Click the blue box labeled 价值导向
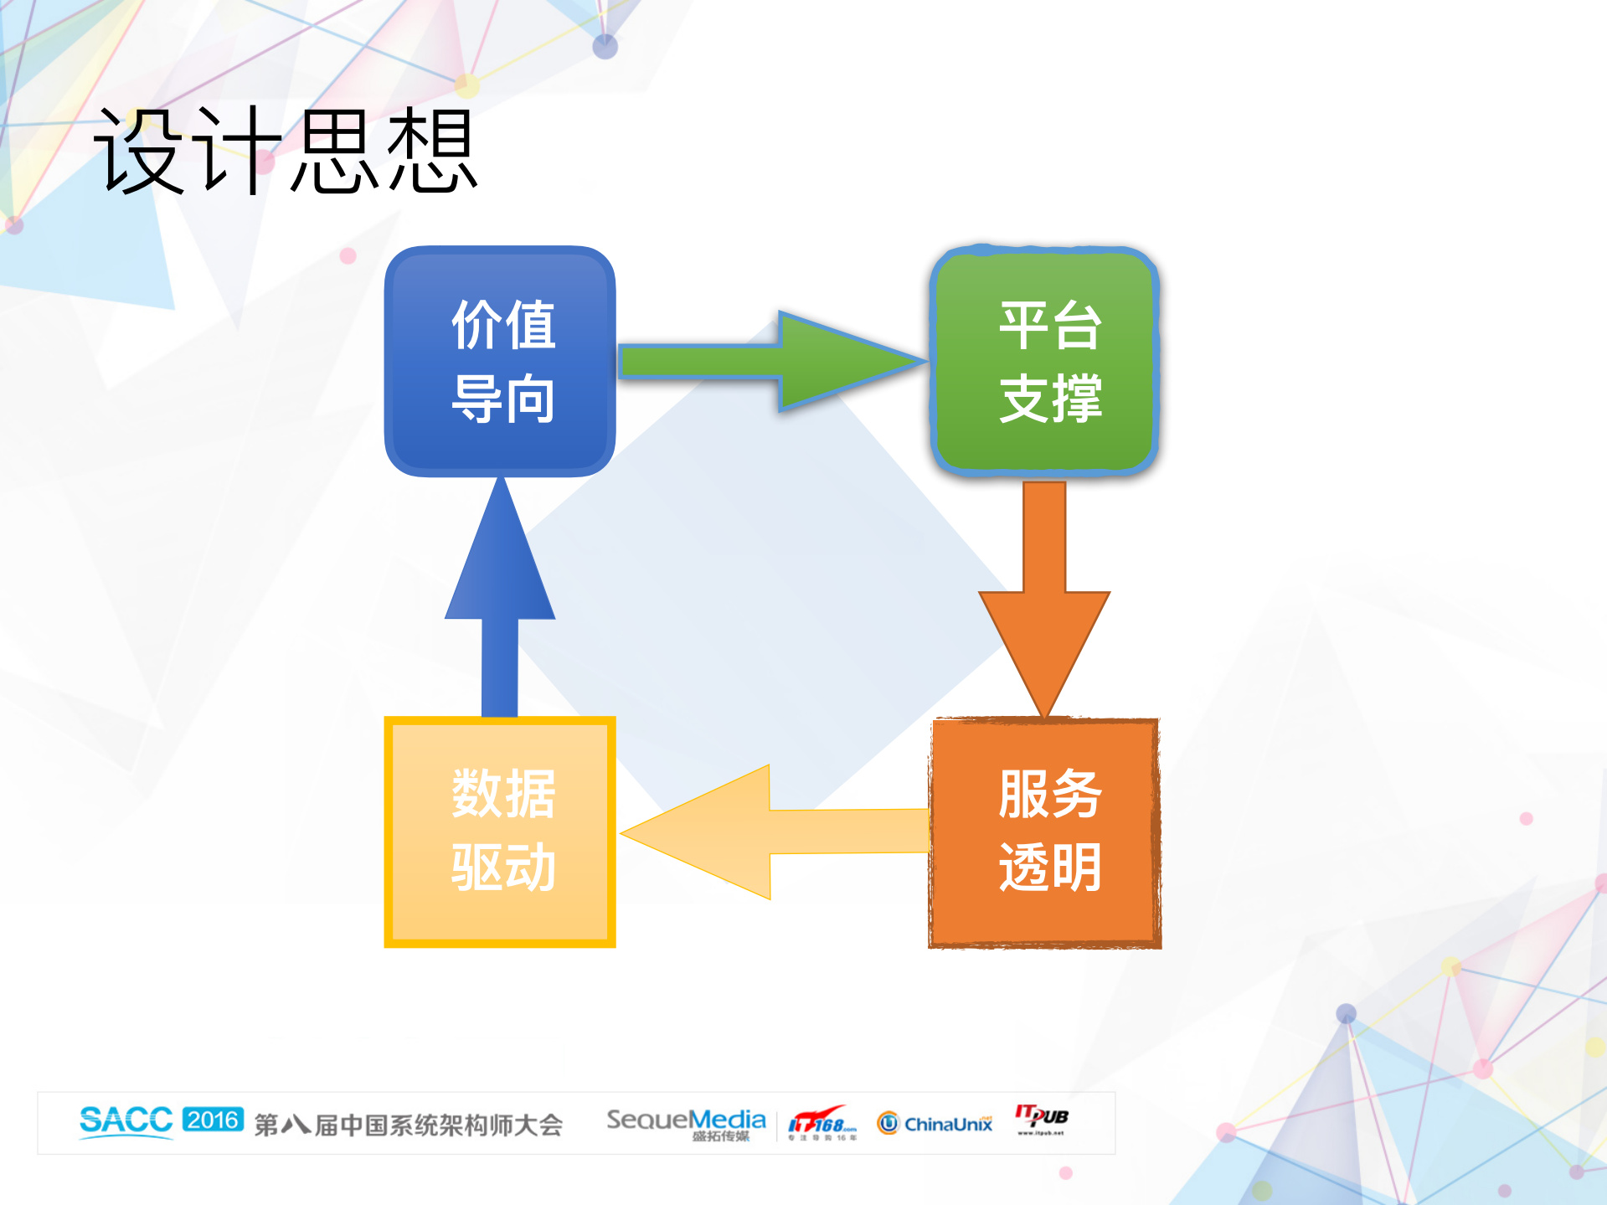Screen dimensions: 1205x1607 point(500,362)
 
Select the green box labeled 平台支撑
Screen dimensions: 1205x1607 point(1044,362)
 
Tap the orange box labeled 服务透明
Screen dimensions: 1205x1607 point(1044,832)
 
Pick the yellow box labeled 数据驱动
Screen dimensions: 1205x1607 point(500,832)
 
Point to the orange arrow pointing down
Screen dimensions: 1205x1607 point(1044,603)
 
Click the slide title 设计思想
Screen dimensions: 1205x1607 point(285,151)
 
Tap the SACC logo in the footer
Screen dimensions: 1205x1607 point(126,1120)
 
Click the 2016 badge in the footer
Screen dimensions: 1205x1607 point(213,1120)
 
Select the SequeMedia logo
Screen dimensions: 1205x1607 point(686,1122)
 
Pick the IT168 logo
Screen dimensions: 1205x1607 point(822,1122)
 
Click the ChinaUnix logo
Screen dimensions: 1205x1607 point(935,1123)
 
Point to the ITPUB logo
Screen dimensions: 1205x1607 point(1042,1118)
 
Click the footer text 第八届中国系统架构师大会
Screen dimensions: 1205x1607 point(408,1125)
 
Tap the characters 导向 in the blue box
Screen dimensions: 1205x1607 point(503,399)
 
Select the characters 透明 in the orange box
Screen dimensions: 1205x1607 point(1049,868)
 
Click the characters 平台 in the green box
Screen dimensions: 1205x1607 point(1049,325)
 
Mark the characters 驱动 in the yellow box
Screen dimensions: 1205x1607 point(503,868)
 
